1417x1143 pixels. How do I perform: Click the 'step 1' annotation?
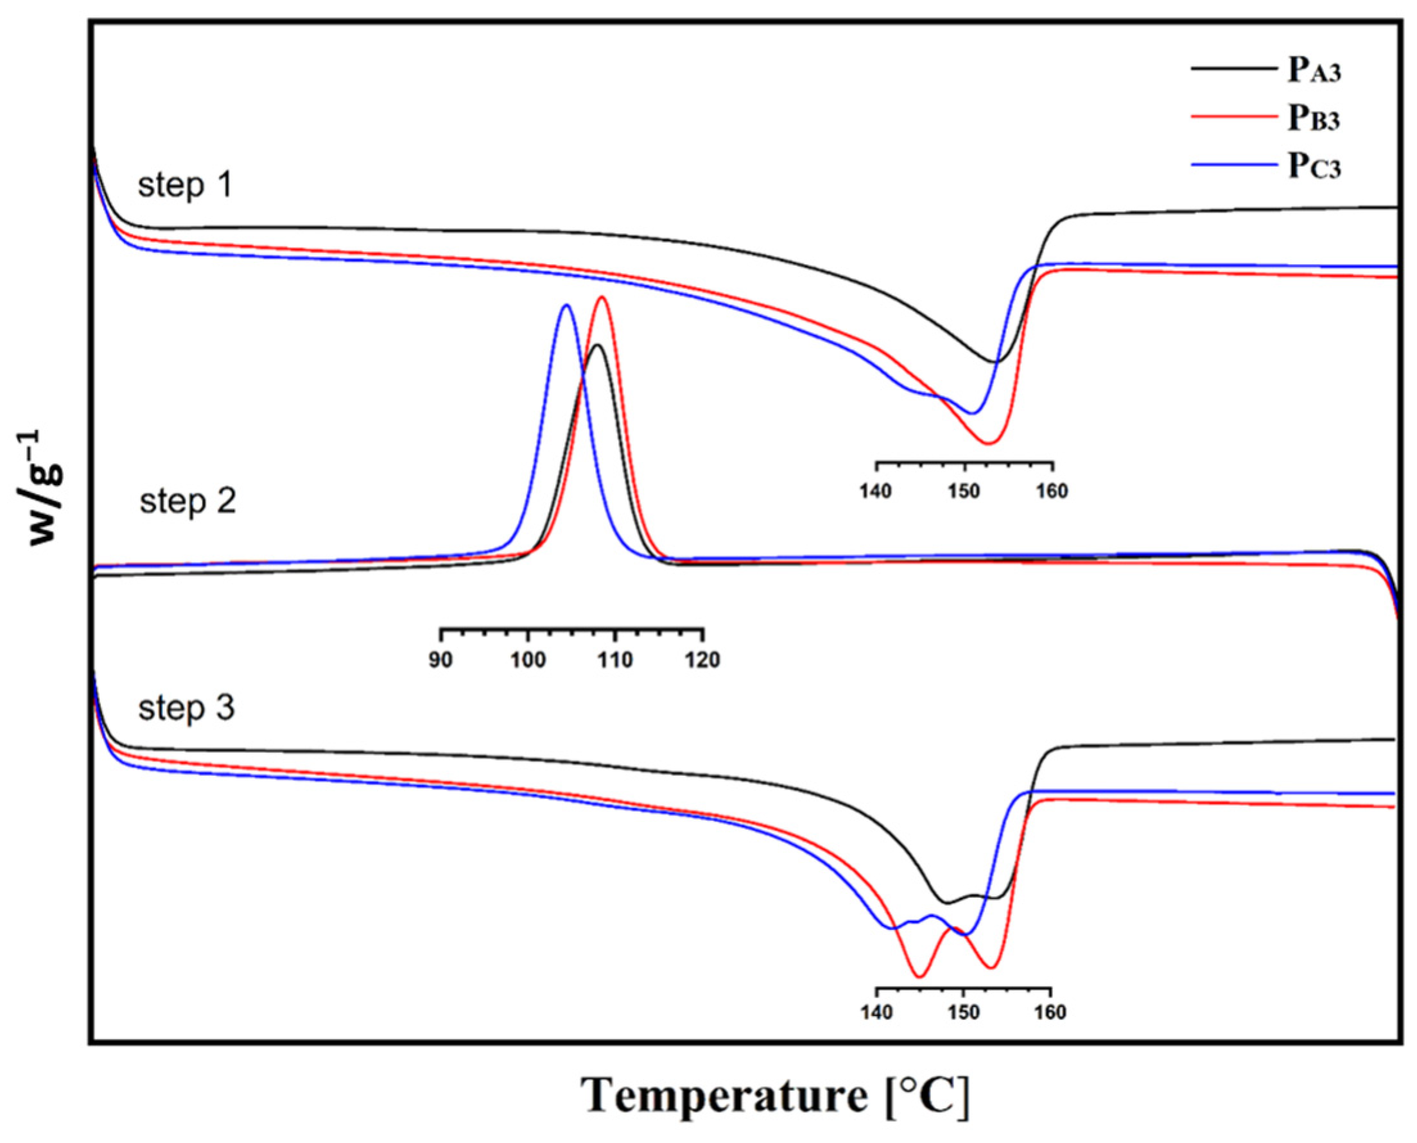pos(185,185)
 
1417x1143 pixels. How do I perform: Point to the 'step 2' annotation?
pos(187,502)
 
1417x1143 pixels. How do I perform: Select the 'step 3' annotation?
pos(186,709)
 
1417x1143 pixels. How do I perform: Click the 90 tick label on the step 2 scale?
pos(440,660)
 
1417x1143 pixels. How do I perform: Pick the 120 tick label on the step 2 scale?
pos(703,660)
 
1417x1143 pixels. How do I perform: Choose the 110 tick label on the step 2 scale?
pos(615,660)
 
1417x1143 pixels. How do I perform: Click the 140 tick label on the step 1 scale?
pos(876,491)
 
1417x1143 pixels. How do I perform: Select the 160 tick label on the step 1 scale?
pos(1052,491)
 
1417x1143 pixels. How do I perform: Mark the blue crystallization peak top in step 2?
pos(566,305)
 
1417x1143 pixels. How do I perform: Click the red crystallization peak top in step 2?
pos(601,297)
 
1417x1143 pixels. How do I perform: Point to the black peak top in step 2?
pos(598,345)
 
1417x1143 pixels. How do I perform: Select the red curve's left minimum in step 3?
pos(920,976)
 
